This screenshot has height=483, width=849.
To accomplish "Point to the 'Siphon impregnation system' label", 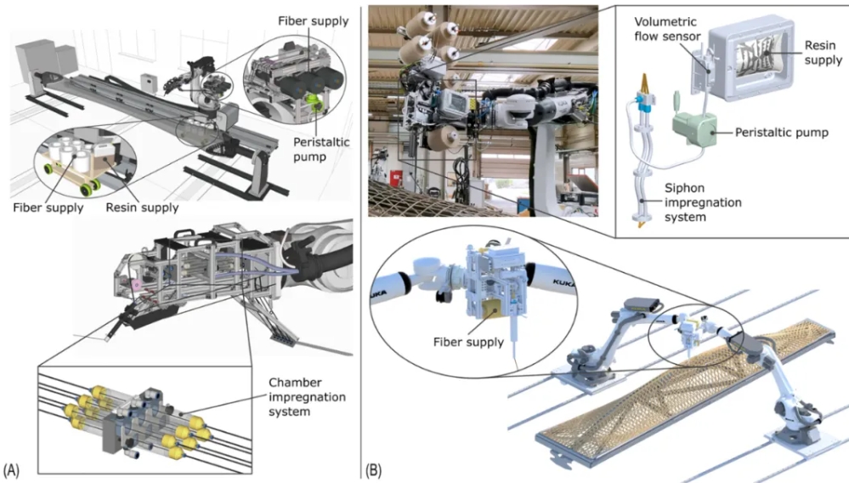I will (x=687, y=197).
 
